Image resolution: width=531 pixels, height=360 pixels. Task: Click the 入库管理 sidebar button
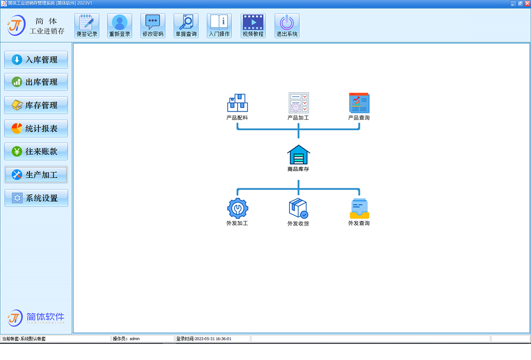[x=36, y=60]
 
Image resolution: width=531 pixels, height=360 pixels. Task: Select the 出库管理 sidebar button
[x=36, y=82]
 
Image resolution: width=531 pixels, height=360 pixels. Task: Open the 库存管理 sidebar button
[x=36, y=105]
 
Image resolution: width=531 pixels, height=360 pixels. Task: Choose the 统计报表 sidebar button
[x=36, y=128]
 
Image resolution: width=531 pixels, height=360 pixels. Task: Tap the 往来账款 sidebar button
[x=36, y=151]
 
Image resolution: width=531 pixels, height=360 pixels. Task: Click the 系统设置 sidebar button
[x=36, y=198]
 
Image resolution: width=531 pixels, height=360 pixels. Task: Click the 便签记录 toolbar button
[x=87, y=26]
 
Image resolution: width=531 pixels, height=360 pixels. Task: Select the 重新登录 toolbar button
[x=119, y=26]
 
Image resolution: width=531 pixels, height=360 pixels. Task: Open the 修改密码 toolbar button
[x=153, y=26]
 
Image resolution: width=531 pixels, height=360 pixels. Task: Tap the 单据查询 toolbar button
[x=186, y=26]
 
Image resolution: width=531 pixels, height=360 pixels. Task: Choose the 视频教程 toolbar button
[x=253, y=26]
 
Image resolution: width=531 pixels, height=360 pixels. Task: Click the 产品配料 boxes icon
[x=238, y=103]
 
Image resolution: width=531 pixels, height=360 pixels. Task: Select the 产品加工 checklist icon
[x=298, y=103]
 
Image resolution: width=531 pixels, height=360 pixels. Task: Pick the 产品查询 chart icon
[x=359, y=103]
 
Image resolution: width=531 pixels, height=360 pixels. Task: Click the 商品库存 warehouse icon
[x=298, y=154]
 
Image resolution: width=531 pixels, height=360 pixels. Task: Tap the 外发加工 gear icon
[x=238, y=208]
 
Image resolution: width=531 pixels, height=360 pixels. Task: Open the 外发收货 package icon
[x=298, y=208]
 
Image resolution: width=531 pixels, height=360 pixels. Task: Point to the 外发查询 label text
[x=359, y=223]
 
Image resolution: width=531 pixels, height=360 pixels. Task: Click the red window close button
[x=527, y=3]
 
